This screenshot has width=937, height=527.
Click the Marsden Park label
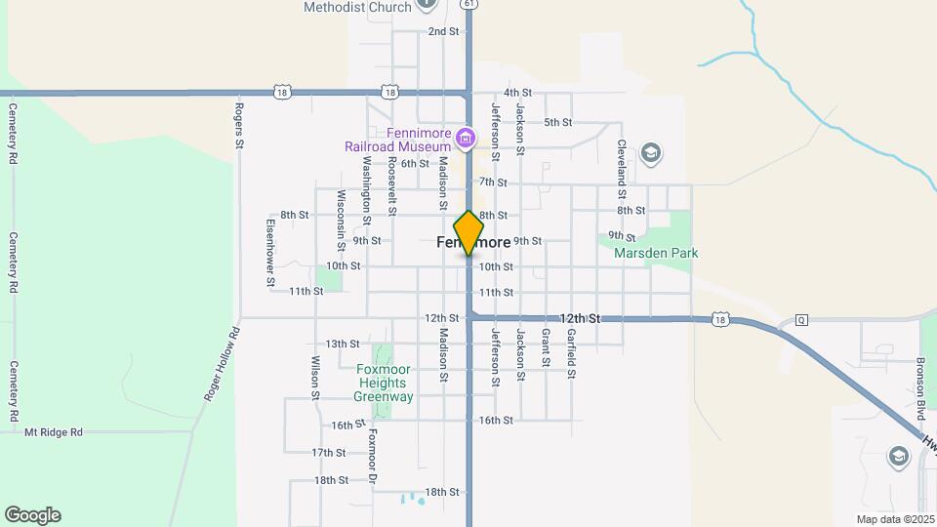pyautogui.click(x=656, y=253)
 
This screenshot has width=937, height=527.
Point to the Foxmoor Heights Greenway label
pyautogui.click(x=384, y=384)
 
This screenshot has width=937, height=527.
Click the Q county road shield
pyautogui.click(x=801, y=319)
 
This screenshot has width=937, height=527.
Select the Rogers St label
pyautogui.click(x=238, y=123)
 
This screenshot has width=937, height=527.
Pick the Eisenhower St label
pyautogui.click(x=270, y=252)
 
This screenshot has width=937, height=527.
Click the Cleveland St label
pyautogui.click(x=621, y=162)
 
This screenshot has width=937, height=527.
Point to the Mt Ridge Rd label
pyautogui.click(x=54, y=431)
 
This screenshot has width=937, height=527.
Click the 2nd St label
pyautogui.click(x=443, y=31)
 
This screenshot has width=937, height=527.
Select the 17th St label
pyautogui.click(x=329, y=453)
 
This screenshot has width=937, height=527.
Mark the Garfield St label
pyautogui.click(x=571, y=353)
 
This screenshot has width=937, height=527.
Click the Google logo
pyautogui.click(x=32, y=515)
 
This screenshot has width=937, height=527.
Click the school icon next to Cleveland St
pyautogui.click(x=651, y=153)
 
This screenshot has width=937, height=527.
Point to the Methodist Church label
pyautogui.click(x=357, y=7)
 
